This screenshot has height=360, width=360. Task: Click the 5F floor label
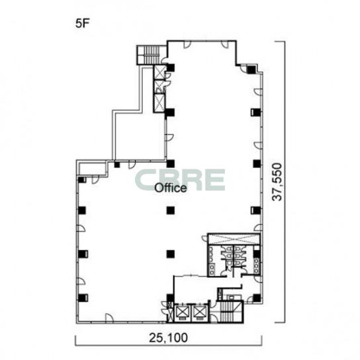(82, 23)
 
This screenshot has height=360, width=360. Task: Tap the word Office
(171, 188)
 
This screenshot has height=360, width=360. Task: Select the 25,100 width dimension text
(168, 337)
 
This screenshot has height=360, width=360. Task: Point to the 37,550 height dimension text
(277, 182)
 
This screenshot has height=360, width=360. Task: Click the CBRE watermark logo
(180, 180)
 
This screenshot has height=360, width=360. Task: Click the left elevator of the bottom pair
(181, 313)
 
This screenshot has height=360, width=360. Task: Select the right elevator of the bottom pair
(200, 313)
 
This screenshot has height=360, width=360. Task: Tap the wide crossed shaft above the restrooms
(234, 239)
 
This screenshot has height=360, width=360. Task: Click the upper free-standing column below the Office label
(171, 210)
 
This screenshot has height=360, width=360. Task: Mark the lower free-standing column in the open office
(171, 253)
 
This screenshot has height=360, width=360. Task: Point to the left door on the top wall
(187, 44)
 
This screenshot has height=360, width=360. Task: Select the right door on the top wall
(225, 44)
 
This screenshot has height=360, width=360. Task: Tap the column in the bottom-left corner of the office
(82, 298)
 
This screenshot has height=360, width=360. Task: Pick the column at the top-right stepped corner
(251, 69)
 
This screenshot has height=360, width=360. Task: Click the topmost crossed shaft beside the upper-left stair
(159, 72)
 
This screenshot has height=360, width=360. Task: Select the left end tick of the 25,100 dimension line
(75, 340)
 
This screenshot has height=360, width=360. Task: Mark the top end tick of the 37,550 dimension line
(280, 42)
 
